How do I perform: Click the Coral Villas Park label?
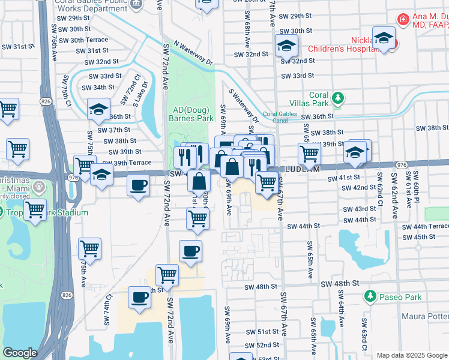point(319,100)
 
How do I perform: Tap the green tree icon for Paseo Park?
point(370,296)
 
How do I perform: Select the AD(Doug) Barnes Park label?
point(191,114)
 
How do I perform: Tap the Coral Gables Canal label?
point(281,117)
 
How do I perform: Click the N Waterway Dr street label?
point(193,53)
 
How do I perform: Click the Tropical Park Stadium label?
point(48,212)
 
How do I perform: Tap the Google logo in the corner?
point(20,353)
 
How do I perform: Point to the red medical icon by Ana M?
point(403,19)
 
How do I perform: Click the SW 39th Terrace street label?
point(126,163)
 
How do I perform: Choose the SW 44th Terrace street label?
point(426,226)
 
